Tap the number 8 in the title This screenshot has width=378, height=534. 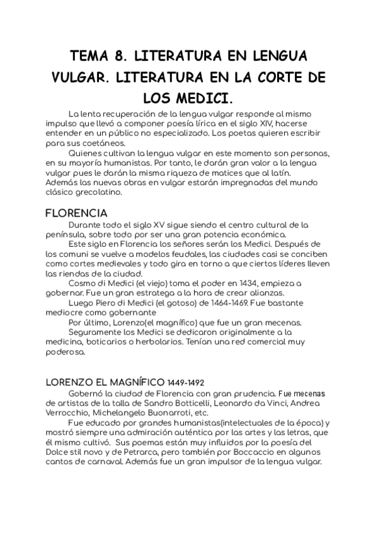pyautogui.click(x=125, y=56)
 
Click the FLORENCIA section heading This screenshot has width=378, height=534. pyautogui.click(x=76, y=213)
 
